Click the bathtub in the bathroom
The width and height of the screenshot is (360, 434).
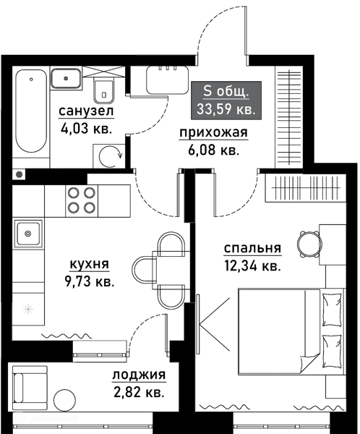[30, 111]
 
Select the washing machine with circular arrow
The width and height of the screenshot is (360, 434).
[109, 156]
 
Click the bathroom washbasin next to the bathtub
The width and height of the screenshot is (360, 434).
[66, 79]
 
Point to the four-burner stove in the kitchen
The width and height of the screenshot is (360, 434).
[82, 201]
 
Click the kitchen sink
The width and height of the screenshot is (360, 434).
[27, 234]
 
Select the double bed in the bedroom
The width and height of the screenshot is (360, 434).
[291, 331]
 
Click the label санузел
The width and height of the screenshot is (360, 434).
[86, 111]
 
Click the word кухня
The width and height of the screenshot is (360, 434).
[89, 264]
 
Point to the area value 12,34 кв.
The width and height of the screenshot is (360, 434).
[252, 266]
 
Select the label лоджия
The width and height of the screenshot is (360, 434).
[139, 375]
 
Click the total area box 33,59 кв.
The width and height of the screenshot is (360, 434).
[226, 101]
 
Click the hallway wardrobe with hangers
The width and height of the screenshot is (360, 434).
[289, 118]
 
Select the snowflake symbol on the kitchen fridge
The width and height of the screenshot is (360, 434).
[28, 309]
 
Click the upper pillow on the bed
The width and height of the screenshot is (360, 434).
[332, 310]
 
